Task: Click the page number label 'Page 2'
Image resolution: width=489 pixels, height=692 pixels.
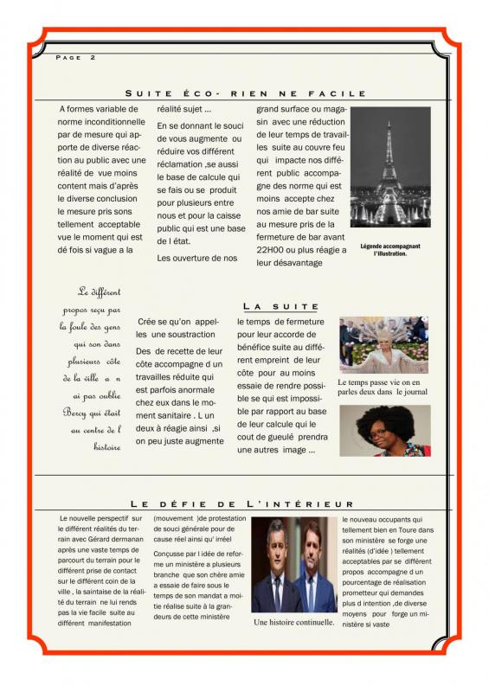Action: pos(75,58)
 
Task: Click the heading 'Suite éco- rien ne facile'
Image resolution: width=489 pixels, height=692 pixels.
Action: pos(246,93)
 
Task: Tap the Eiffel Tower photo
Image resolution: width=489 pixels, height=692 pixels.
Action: pos(390,167)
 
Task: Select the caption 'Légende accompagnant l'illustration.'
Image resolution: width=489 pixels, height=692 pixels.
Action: pos(389,249)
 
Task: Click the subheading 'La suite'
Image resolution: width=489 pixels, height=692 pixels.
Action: pos(280,306)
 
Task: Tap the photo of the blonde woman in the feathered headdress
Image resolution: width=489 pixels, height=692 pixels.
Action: pos(384,344)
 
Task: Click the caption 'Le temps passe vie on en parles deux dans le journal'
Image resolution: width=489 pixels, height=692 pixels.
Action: pos(383,387)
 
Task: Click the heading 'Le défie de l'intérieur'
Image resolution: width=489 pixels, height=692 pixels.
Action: pos(242,503)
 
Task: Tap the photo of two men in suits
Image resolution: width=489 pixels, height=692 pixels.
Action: pos(293,565)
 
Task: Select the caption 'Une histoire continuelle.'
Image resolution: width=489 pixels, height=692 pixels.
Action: pos(294,622)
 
